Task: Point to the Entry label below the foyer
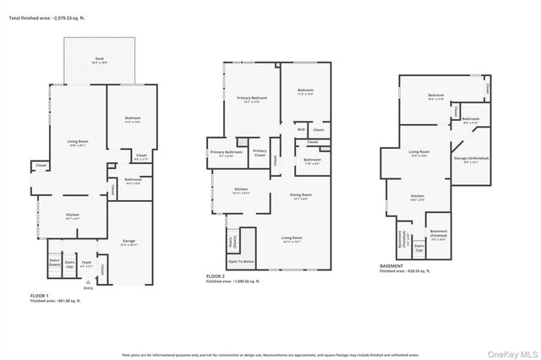click(x=88, y=288)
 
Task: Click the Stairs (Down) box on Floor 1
click(x=54, y=264)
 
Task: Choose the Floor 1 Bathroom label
click(x=133, y=180)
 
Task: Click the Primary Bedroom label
click(x=248, y=101)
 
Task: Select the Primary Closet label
click(x=260, y=152)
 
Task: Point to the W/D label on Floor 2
click(x=301, y=129)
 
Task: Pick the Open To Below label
click(x=241, y=262)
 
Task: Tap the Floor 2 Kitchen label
click(x=241, y=191)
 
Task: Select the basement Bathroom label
click(x=471, y=121)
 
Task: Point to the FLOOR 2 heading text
click(x=215, y=275)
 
